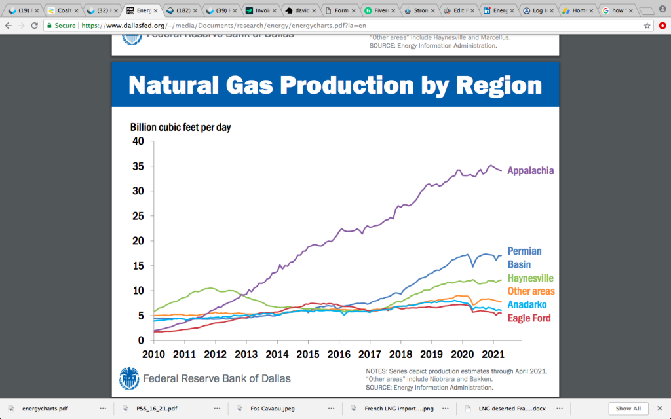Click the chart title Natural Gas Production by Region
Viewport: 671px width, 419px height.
click(x=335, y=85)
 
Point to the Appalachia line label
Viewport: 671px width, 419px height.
click(x=531, y=170)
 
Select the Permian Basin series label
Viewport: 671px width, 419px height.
click(x=525, y=258)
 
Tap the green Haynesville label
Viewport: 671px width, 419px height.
click(x=531, y=278)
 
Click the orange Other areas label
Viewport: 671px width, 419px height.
click(x=531, y=291)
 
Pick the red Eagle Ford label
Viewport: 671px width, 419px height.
click(x=529, y=318)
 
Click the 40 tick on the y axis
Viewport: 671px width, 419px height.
click(x=138, y=141)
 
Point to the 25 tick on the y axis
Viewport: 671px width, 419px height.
click(x=138, y=216)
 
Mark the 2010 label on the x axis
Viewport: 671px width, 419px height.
click(x=153, y=354)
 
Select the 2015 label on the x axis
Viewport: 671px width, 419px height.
click(x=308, y=354)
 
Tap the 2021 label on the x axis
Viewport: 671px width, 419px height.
click(x=493, y=354)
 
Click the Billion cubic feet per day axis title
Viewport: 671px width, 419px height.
click(x=180, y=127)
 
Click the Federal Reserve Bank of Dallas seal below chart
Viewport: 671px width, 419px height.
click(x=129, y=378)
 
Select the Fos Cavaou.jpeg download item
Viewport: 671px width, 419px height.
click(x=268, y=409)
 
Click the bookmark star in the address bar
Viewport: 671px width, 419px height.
click(x=647, y=25)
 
